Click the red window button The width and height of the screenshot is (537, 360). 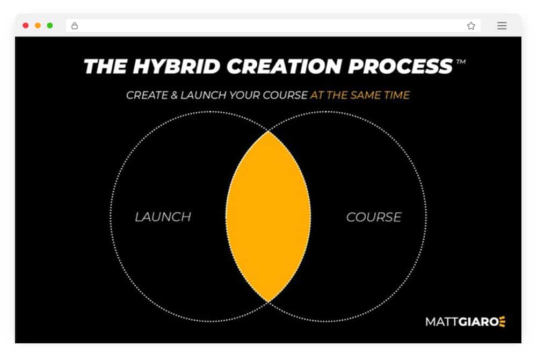coord(26,25)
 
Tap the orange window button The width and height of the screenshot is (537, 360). coord(38,25)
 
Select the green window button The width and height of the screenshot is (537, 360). coord(50,25)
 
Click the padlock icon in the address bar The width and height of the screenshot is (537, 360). coord(74,26)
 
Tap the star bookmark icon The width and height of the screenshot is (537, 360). coord(471,26)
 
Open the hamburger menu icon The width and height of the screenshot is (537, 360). coord(502,26)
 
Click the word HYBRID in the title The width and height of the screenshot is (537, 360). coord(176,66)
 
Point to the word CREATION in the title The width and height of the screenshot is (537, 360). coord(284,66)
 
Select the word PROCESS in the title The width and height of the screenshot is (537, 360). coord(401,66)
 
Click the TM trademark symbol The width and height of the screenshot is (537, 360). coord(461,62)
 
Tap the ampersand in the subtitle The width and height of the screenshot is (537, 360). coord(174,95)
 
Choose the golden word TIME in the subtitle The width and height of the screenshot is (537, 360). coord(397,95)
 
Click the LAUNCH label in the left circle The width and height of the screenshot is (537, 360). coord(163,217)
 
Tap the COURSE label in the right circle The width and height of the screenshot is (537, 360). coord(374,217)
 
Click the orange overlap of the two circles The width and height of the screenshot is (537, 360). coord(268,217)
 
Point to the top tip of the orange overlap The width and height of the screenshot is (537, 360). coord(268,131)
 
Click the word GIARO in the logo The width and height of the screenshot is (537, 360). coord(478,322)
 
